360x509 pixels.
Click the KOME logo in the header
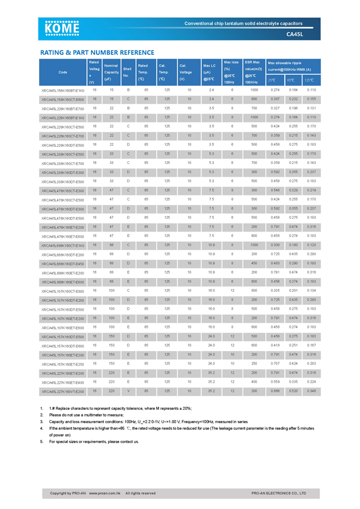[63, 29]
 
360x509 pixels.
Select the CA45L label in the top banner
[295, 34]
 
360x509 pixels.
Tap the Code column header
[63, 72]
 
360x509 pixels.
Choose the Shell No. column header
[128, 72]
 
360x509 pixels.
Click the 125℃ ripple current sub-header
[311, 80]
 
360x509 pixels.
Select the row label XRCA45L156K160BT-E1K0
[63, 90]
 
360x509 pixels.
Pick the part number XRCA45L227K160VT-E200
[63, 392]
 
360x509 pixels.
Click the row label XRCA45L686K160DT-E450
[63, 264]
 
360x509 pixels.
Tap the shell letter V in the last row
[128, 391]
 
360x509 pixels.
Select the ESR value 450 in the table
[254, 263]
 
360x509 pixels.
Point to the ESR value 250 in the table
[254, 364]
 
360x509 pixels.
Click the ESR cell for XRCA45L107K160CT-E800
[254, 291]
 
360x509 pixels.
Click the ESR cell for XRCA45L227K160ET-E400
[254, 382]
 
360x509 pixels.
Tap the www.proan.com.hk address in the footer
[105, 493]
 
